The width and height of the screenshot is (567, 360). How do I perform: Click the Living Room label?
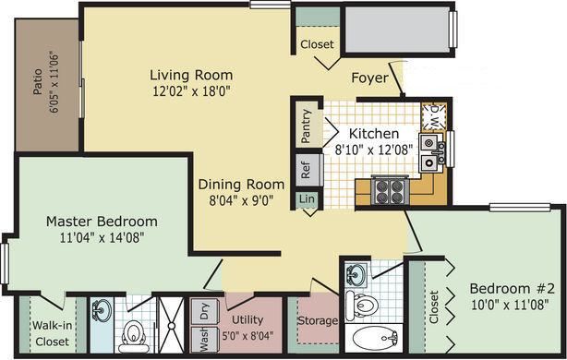[192, 75]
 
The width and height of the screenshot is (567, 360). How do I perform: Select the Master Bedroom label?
[102, 222]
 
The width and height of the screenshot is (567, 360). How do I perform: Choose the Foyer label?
[369, 78]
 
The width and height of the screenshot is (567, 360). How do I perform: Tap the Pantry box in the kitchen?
[306, 127]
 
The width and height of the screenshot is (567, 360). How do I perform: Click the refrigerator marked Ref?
[306, 170]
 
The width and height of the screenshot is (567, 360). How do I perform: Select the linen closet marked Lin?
[306, 198]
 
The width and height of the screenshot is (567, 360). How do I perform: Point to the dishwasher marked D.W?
[431, 115]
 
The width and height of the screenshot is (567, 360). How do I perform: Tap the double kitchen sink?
[429, 153]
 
